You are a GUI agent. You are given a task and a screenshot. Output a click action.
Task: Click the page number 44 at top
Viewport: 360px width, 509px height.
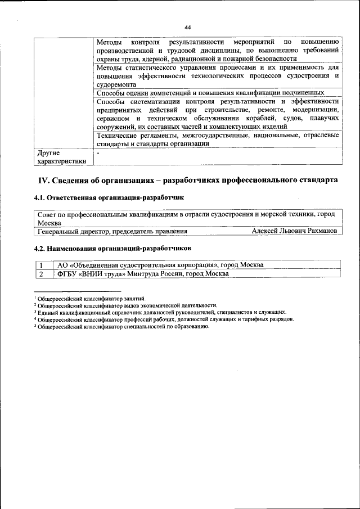(x=188, y=27)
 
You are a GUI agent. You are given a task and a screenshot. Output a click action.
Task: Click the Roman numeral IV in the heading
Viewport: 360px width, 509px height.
(x=44, y=181)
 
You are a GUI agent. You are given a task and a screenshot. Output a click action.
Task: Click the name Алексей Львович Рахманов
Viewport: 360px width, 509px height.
(x=295, y=231)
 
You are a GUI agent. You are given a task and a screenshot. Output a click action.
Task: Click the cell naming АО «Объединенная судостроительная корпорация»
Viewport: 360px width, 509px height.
(x=161, y=265)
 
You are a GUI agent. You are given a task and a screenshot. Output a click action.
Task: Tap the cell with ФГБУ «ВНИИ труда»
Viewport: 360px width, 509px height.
(x=143, y=274)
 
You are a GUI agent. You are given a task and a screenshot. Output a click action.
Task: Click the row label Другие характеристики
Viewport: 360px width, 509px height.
(x=62, y=157)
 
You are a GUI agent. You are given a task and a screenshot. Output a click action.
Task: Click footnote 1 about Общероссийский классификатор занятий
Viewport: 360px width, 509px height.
(x=90, y=299)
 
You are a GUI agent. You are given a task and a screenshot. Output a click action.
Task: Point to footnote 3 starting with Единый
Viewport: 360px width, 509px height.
(x=160, y=312)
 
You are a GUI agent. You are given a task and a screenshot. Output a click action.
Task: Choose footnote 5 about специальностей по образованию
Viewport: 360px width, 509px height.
(x=121, y=326)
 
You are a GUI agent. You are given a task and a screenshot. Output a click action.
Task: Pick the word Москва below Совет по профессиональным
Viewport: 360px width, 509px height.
(x=49, y=223)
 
